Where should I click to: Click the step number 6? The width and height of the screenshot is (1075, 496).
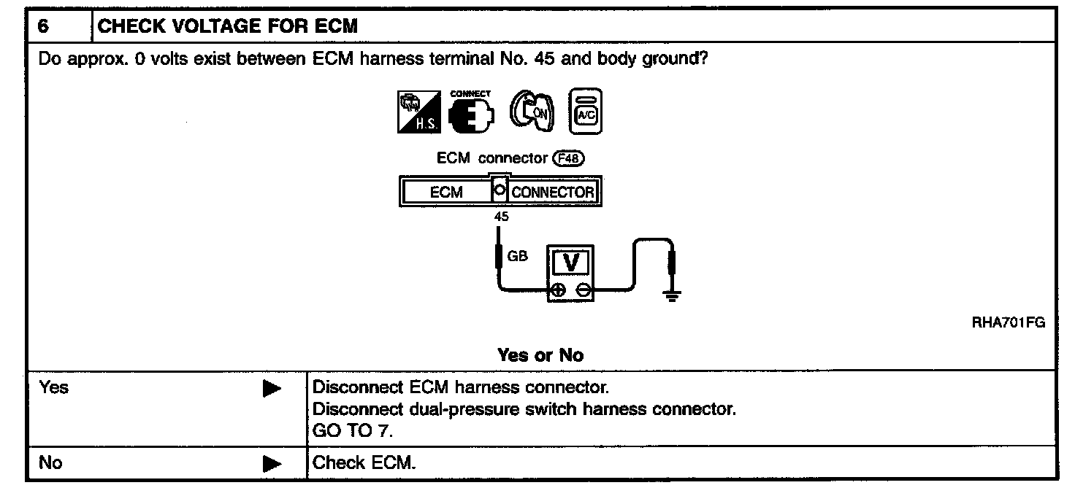(x=43, y=26)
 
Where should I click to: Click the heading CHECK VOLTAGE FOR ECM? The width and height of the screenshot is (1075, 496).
(x=227, y=26)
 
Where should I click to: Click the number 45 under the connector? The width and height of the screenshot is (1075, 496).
(x=501, y=217)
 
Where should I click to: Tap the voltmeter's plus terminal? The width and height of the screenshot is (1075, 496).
(x=559, y=290)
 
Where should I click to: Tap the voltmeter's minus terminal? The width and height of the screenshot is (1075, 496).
(x=583, y=290)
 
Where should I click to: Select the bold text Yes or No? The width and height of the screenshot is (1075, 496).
(x=540, y=355)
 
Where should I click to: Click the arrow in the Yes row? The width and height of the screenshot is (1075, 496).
(x=272, y=389)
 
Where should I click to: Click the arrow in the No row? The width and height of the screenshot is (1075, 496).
(x=272, y=462)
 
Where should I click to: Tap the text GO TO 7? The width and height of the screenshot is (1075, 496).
(x=352, y=431)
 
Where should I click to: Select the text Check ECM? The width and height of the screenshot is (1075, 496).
(x=364, y=462)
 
